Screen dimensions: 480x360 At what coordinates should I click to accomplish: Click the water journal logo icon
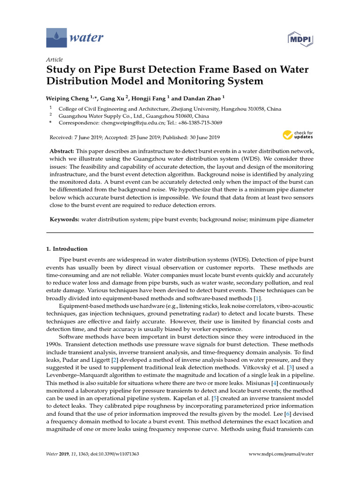click(57, 37)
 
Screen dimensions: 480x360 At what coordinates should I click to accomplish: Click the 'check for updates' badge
click(297, 135)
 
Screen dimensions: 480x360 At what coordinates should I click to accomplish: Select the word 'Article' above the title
click(54, 60)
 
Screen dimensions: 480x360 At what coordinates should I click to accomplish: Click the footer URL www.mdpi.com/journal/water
click(280, 454)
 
